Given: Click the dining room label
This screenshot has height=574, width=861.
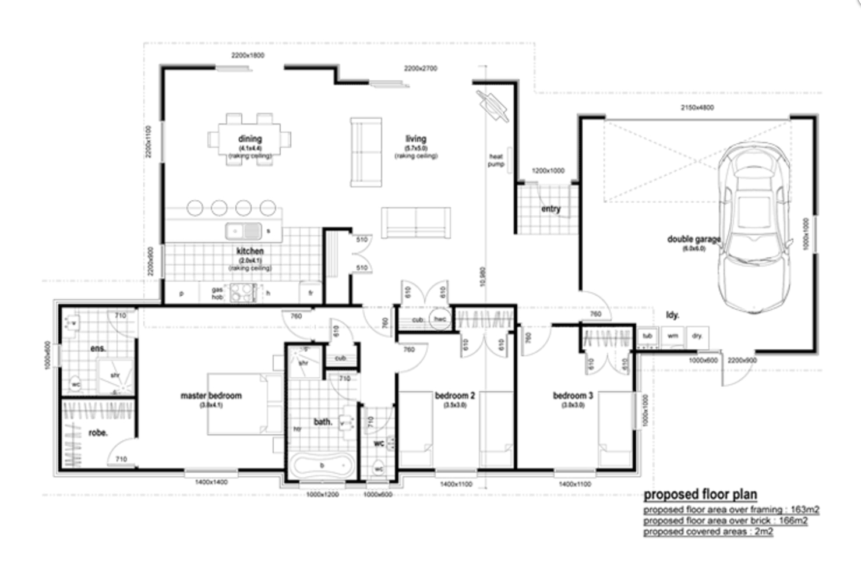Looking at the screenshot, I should point(250,139).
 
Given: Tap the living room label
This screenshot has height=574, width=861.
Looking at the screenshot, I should point(416,139).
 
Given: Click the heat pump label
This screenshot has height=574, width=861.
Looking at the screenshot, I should point(496,160).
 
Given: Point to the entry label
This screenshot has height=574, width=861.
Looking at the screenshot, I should point(551,208).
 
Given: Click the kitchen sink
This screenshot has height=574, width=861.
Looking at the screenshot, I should point(244,231).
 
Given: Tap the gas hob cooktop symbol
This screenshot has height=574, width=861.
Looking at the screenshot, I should point(243,293).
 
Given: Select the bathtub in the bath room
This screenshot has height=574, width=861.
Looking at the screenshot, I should point(322,466).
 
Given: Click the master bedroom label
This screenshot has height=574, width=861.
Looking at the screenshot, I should point(211,396).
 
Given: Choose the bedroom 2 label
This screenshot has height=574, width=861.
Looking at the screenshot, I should point(455,396).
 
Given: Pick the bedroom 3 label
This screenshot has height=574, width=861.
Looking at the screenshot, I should point(573,396).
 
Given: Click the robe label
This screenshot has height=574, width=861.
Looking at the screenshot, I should point(98,433).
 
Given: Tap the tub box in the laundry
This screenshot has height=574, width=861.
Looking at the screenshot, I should point(647,336).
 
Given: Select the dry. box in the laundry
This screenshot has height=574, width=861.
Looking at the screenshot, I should point(697,336).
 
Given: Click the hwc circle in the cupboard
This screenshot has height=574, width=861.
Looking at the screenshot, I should point(440,319).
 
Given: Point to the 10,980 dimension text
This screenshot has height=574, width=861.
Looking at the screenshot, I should point(482,277).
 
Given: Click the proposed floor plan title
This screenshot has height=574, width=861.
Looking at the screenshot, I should point(700,495).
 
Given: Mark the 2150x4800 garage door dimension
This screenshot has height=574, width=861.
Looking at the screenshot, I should point(697,108).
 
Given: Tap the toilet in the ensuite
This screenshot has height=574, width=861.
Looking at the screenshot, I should point(76,384).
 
